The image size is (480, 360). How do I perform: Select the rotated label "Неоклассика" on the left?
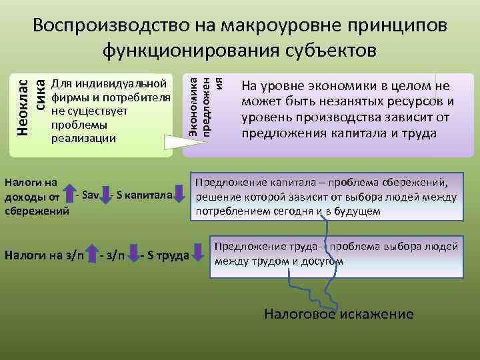30,107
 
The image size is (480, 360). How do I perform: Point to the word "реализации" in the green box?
83,138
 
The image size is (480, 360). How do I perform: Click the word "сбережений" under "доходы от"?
37,211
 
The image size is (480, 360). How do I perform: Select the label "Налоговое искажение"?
339,314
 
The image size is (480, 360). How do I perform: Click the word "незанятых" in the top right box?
323,102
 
